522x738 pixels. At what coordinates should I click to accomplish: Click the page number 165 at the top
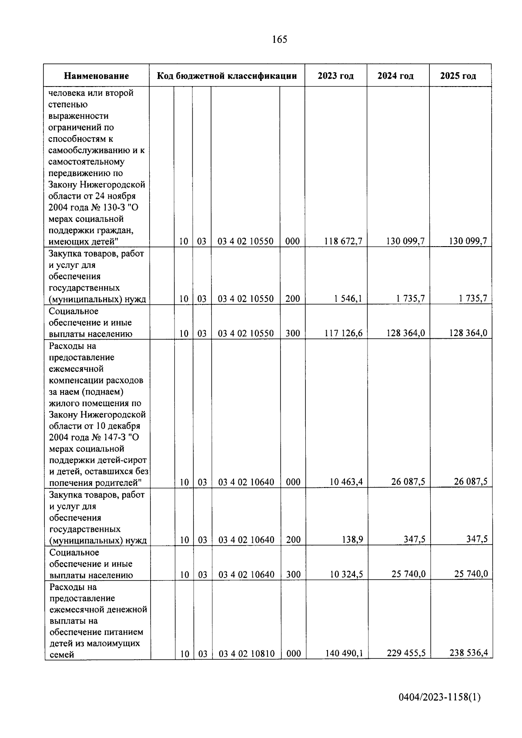(x=279, y=40)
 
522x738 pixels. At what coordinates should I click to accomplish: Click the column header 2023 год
(x=335, y=76)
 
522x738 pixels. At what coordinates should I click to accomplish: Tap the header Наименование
(x=96, y=76)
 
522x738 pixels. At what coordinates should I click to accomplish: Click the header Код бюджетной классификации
(x=227, y=76)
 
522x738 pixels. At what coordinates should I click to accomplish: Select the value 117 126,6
(x=343, y=334)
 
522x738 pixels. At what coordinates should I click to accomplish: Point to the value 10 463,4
(x=346, y=482)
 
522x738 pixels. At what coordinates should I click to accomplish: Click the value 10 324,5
(x=346, y=574)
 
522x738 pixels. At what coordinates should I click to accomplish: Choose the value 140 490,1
(x=344, y=653)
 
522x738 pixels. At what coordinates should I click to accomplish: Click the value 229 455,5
(x=406, y=653)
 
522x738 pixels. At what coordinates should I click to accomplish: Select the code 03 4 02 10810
(x=246, y=654)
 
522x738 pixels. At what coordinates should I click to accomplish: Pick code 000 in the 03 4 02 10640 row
(x=293, y=482)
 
